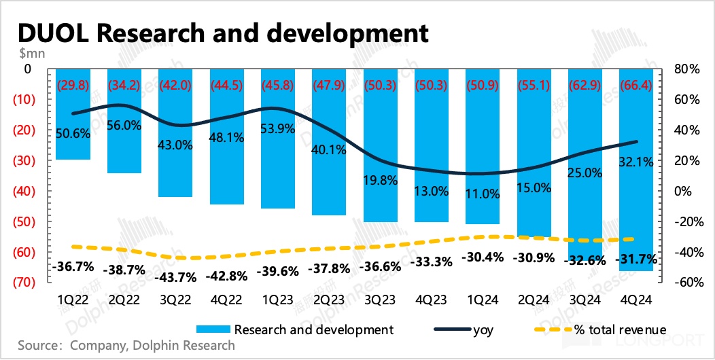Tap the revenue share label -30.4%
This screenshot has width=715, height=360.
pyautogui.click(x=482, y=257)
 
